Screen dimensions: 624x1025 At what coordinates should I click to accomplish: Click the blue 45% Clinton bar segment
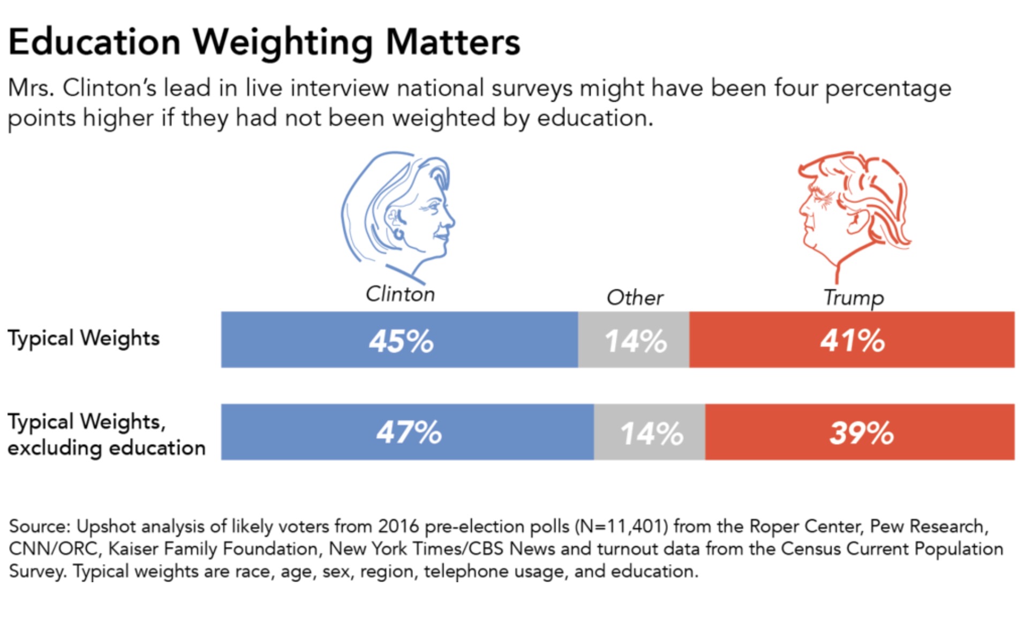tap(400, 340)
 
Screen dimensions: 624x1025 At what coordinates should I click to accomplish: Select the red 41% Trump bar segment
tap(851, 340)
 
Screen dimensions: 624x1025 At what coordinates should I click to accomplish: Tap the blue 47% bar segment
tap(408, 432)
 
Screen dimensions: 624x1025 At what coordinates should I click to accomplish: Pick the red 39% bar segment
tap(860, 432)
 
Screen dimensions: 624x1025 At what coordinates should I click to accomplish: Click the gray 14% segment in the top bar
tap(634, 340)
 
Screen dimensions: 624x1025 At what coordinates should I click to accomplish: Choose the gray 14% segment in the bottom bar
tap(650, 432)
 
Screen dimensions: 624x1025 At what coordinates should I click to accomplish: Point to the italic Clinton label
tap(400, 294)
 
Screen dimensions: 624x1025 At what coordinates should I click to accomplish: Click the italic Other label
tap(635, 298)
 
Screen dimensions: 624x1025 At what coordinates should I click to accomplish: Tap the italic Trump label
tap(853, 298)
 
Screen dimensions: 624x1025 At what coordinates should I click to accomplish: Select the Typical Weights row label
tap(84, 338)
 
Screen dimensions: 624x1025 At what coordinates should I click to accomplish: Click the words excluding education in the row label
tap(107, 448)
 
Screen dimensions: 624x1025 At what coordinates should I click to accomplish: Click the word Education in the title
tap(95, 42)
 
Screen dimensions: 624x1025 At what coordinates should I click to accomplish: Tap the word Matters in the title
tap(453, 42)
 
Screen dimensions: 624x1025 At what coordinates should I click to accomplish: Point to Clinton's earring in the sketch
tap(398, 234)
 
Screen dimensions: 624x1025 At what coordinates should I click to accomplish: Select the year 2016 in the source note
tap(398, 527)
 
